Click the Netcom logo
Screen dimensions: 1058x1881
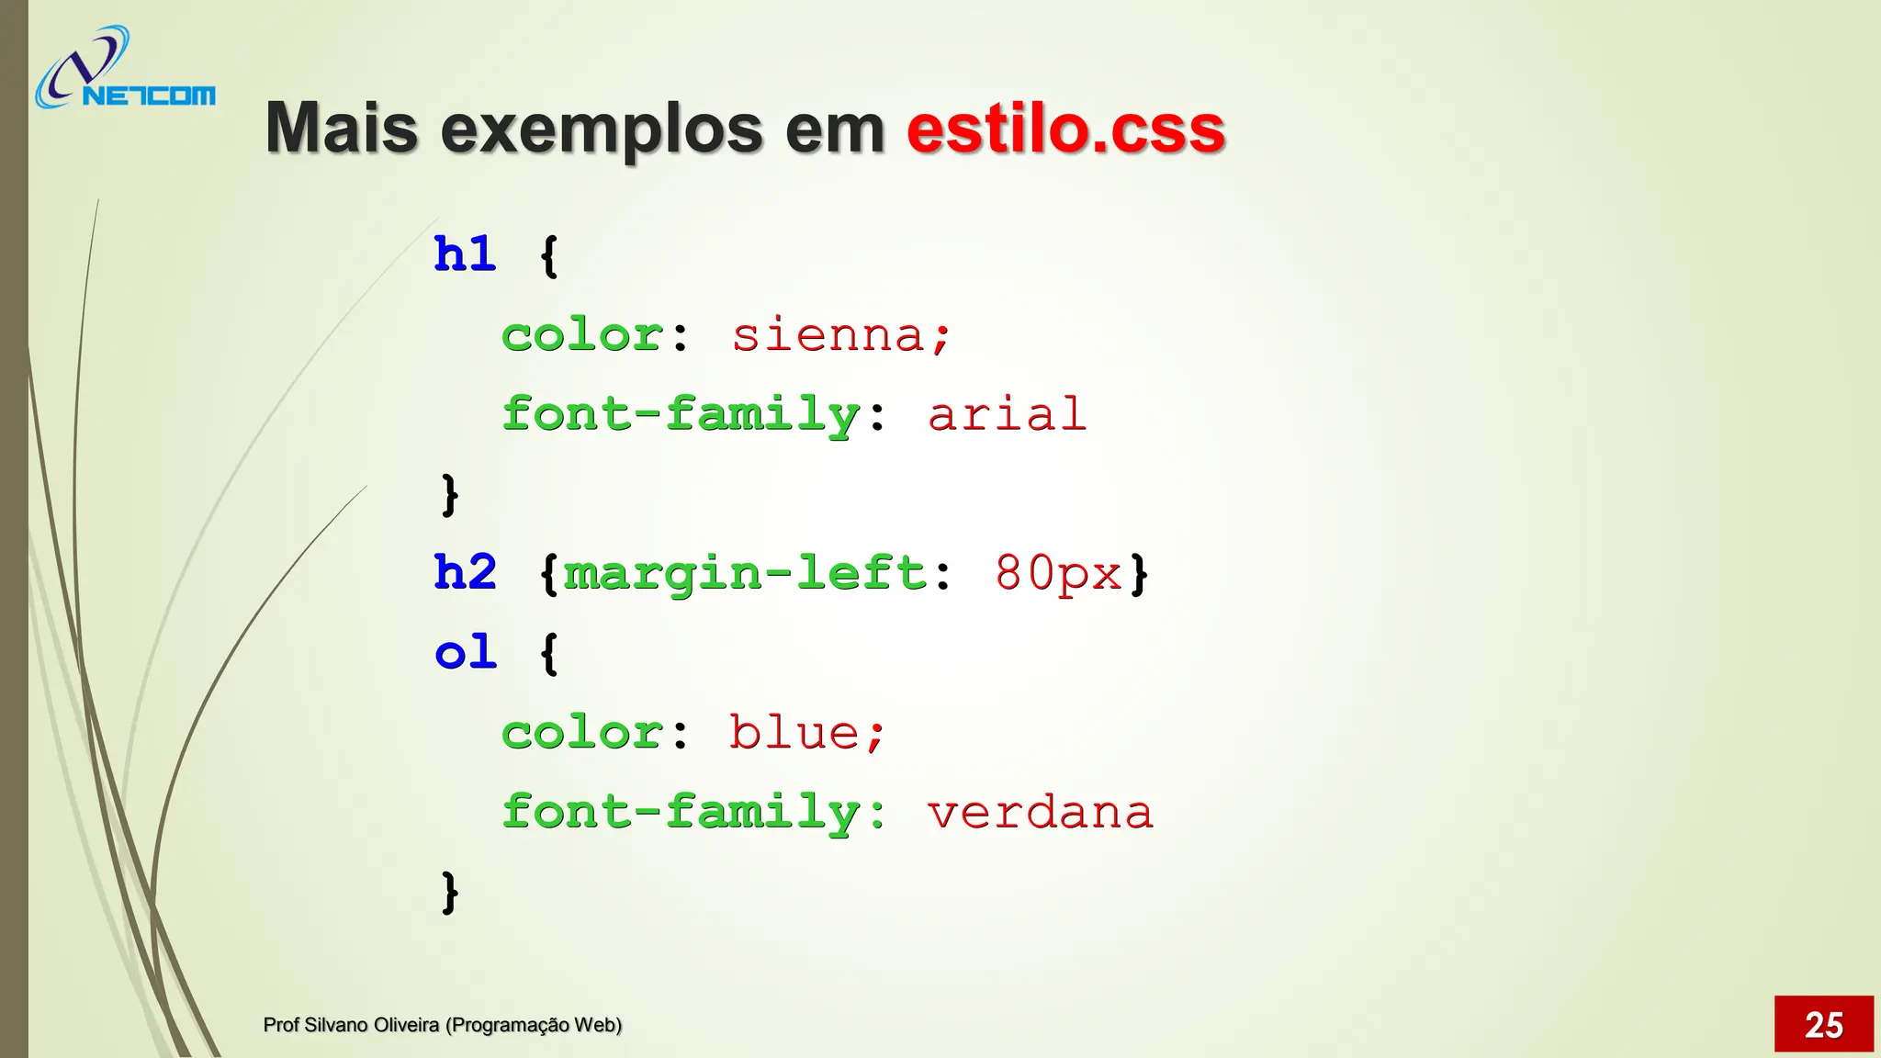point(124,70)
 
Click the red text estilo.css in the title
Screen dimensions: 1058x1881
point(1065,129)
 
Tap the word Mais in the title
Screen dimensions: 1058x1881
point(342,129)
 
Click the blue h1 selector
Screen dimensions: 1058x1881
point(465,254)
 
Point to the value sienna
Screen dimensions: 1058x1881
point(829,334)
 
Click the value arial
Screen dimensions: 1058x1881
point(1007,414)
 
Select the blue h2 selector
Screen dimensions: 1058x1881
point(465,573)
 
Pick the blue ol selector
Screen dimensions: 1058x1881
point(465,653)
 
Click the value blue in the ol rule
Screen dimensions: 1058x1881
point(794,733)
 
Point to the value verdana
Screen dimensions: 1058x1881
point(1040,813)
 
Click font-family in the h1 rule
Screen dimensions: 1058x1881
point(681,414)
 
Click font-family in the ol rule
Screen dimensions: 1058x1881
point(681,813)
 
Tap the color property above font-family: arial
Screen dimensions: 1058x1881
point(582,334)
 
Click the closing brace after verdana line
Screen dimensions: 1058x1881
point(449,892)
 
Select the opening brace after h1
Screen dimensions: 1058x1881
point(548,255)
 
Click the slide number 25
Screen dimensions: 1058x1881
point(1823,1024)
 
